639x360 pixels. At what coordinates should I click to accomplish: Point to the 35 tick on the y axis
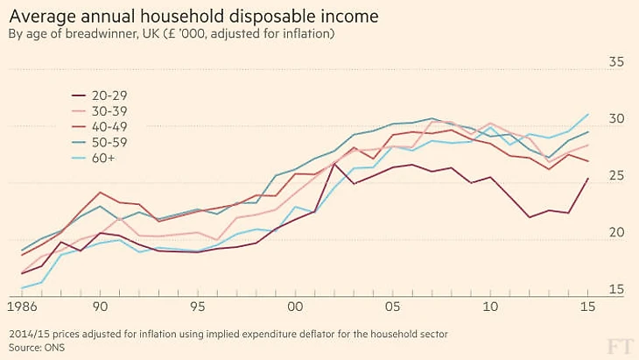pyautogui.click(x=616, y=61)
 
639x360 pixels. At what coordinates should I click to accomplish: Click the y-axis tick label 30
pyautogui.click(x=616, y=118)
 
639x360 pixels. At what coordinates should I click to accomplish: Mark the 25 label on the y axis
pyautogui.click(x=616, y=176)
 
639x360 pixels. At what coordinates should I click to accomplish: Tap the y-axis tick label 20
pyautogui.click(x=616, y=233)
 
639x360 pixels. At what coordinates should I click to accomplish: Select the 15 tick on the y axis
pyautogui.click(x=616, y=290)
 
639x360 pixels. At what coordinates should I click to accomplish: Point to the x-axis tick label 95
pyautogui.click(x=199, y=307)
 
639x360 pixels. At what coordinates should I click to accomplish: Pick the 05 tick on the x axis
pyautogui.click(x=393, y=307)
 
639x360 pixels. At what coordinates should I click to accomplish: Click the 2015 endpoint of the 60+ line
pyautogui.click(x=587, y=114)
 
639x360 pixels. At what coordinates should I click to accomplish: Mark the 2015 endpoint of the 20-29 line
pyautogui.click(x=587, y=179)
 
